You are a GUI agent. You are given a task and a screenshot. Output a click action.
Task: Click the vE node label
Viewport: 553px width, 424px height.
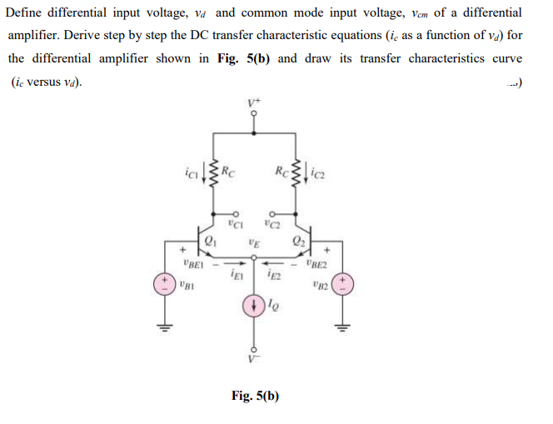pos(253,243)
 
